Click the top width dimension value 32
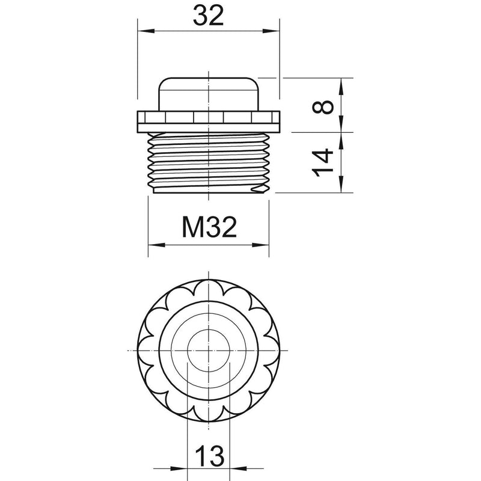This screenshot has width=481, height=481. [x=208, y=16]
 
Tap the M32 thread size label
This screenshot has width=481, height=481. [x=209, y=227]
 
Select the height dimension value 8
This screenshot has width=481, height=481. [x=323, y=107]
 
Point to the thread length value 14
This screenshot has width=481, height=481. [x=323, y=163]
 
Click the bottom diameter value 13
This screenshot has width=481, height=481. [x=209, y=456]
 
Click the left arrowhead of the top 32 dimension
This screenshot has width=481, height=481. [x=146, y=31]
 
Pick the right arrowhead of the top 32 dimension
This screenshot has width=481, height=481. [x=272, y=31]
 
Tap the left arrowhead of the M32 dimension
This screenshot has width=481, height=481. [x=156, y=245]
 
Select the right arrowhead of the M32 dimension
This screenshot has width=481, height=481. [x=261, y=245]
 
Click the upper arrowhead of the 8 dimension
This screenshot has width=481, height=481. [x=341, y=86]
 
